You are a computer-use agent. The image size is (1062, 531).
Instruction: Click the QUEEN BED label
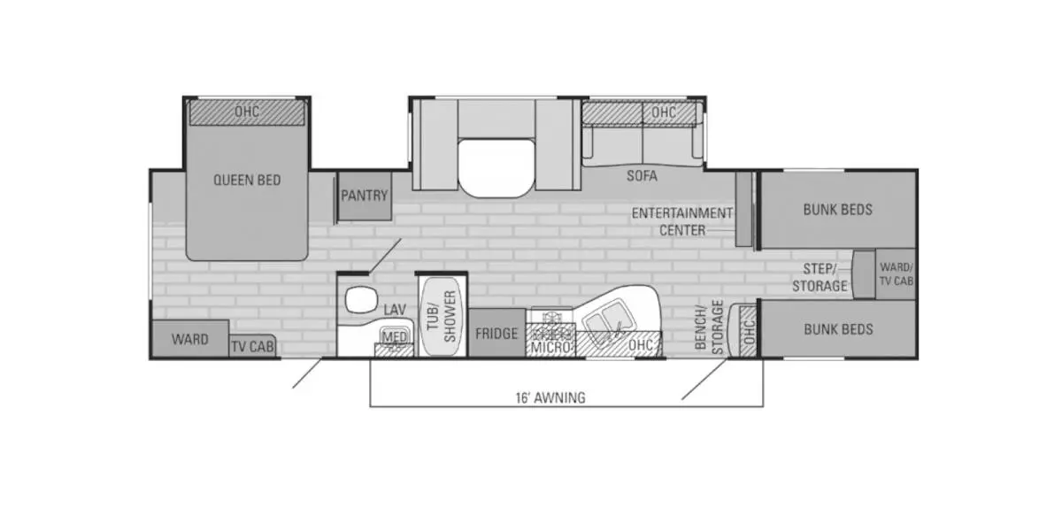[247, 181]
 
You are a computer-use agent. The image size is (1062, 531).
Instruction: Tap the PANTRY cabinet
[365, 196]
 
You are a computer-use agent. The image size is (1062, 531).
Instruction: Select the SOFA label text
[643, 176]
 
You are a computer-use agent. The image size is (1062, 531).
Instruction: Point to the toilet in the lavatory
[359, 300]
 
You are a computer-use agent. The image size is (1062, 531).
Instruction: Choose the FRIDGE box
[496, 335]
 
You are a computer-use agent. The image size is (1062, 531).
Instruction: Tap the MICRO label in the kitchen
[550, 348]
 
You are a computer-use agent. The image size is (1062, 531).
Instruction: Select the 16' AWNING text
[550, 397]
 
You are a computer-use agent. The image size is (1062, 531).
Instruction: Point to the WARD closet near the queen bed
[190, 339]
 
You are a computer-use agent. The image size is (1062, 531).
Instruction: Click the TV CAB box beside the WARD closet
[252, 348]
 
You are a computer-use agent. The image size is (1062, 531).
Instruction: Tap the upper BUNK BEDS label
[837, 210]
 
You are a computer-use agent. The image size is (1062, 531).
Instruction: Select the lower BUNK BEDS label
[837, 329]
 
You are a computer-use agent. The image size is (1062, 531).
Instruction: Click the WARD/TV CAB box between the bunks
[896, 274]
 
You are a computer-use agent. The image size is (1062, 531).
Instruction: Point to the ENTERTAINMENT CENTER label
[681, 221]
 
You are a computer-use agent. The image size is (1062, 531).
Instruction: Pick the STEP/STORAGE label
[820, 277]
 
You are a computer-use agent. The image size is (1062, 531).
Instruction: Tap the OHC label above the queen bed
[246, 112]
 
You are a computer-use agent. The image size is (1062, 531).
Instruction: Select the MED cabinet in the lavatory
[395, 337]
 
